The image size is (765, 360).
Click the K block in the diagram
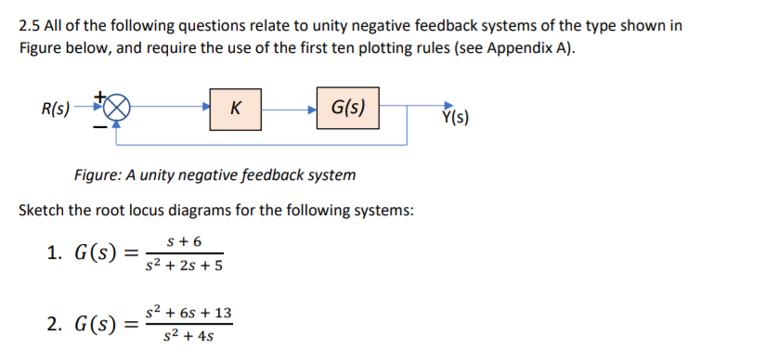tap(236, 108)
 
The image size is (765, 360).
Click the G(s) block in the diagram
tap(347, 107)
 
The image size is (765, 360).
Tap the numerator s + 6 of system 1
tap(184, 240)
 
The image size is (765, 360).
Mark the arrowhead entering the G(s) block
tap(312, 109)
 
